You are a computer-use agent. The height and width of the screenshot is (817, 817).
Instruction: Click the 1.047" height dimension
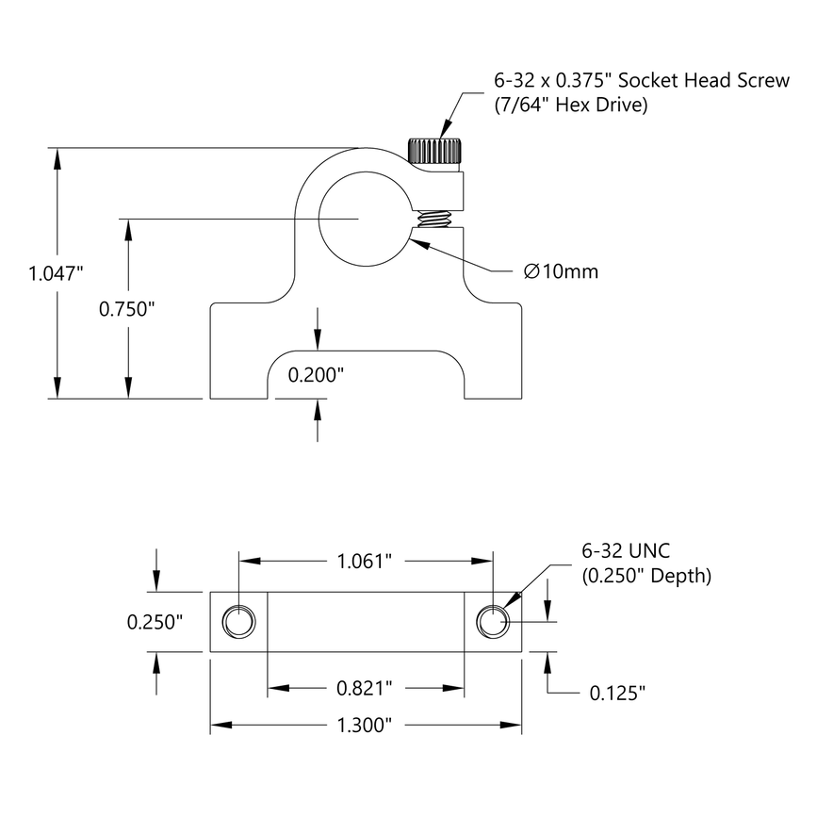coord(57,274)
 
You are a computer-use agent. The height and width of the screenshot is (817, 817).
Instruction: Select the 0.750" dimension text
coord(126,308)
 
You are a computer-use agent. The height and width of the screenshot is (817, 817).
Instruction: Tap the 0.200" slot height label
coord(316,374)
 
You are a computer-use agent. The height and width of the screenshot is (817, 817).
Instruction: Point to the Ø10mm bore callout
coord(561,272)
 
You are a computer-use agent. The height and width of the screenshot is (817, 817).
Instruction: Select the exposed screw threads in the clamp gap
coord(433,221)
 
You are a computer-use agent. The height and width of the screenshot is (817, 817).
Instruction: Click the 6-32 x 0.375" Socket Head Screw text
coord(641,81)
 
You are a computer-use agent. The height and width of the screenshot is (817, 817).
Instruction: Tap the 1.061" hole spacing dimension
coord(365,562)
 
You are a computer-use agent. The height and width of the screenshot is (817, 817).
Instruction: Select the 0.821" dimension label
coord(365,689)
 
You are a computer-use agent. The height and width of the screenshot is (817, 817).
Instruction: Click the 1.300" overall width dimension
coord(365,725)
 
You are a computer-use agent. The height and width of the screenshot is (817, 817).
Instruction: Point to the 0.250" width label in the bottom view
coord(155,622)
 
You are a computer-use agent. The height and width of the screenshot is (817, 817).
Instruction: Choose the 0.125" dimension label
coord(617,694)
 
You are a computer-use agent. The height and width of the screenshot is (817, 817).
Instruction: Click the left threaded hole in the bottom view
coord(237,621)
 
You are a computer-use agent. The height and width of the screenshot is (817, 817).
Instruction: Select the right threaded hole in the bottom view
coord(493,621)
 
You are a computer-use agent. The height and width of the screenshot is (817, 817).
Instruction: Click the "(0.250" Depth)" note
coord(645,575)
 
